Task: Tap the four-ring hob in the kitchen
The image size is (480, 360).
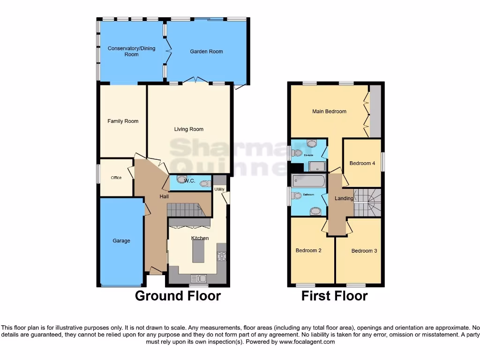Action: tap(221, 256)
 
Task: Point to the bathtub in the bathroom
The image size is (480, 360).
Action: tap(307, 180)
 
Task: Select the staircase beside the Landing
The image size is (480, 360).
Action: tap(367, 202)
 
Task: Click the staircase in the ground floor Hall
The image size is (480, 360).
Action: tap(186, 210)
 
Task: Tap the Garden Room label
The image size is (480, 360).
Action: tap(206, 52)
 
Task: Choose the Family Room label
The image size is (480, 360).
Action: tap(123, 121)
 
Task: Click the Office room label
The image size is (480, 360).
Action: tap(116, 178)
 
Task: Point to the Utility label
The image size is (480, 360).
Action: tap(219, 189)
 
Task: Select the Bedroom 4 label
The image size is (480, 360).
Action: tap(362, 164)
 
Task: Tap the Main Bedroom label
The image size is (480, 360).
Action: tap(329, 112)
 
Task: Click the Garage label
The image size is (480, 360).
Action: tap(121, 241)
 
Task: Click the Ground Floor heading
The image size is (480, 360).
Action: tap(178, 296)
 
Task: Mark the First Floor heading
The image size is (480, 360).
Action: tap(334, 296)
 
